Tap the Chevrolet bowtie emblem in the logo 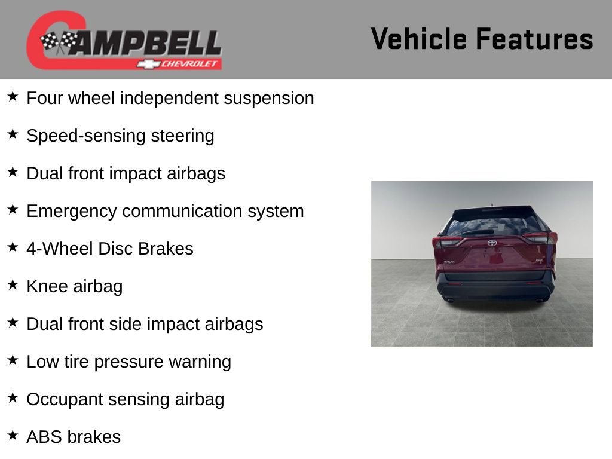tap(146, 64)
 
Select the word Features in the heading tap(534, 39)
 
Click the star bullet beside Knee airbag tap(13, 284)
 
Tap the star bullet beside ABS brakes tap(13, 435)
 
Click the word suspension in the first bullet tap(268, 99)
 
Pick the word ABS tap(44, 437)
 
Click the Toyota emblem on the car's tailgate tap(491, 243)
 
